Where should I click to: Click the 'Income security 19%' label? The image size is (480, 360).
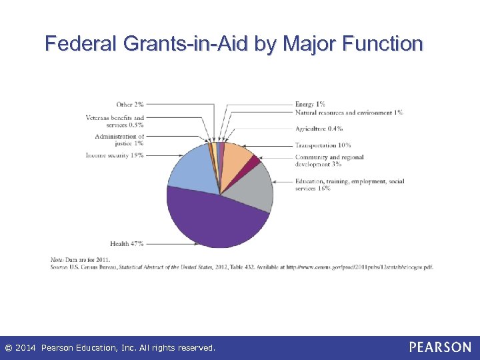pos(114,155)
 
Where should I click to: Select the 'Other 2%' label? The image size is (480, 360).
pos(129,104)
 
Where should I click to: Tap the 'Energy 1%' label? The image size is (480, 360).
pos(310,104)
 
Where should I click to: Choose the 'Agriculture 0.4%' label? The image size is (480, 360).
pos(319,129)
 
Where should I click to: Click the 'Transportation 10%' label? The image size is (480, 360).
pos(323,145)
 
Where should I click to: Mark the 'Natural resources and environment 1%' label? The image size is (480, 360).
pos(349,113)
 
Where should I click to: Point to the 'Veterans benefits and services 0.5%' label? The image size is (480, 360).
pos(115,121)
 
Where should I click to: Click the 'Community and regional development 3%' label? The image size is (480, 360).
pos(329,161)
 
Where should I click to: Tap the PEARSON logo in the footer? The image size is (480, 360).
pos(440,347)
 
